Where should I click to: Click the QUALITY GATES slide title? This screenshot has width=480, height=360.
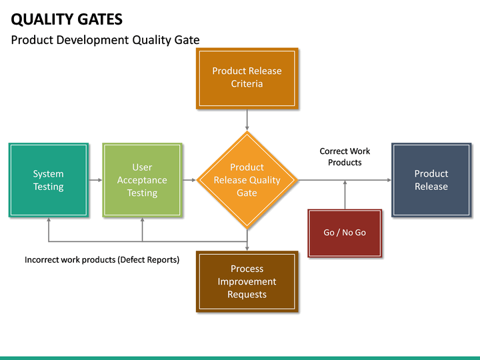(67, 19)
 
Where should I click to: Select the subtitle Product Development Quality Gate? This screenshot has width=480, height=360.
(105, 40)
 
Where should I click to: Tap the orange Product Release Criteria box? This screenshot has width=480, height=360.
(247, 77)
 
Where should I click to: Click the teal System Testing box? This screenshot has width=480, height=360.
(49, 180)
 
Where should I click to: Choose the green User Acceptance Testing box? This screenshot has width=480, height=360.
(142, 180)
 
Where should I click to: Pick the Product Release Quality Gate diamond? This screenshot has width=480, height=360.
(247, 180)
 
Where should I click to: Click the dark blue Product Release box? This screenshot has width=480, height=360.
(431, 180)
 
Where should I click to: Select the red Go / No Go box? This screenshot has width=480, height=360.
(345, 233)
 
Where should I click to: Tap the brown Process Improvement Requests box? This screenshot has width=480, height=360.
(247, 281)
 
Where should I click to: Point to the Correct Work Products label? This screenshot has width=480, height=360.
(345, 157)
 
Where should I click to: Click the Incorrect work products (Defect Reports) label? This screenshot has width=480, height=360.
(102, 260)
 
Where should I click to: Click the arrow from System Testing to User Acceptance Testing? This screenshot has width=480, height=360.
(95, 180)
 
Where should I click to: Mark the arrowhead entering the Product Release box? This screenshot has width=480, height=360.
(388, 180)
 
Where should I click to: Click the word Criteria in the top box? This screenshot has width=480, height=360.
(247, 84)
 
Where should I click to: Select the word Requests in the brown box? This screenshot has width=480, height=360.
(247, 295)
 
